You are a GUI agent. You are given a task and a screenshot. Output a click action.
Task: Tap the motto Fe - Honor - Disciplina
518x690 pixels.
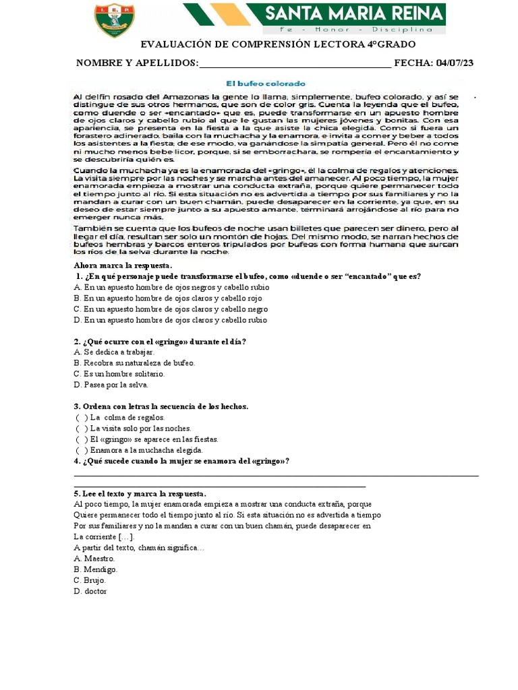[x=356, y=30]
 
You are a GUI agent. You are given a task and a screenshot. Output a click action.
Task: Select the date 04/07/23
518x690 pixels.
[x=455, y=63]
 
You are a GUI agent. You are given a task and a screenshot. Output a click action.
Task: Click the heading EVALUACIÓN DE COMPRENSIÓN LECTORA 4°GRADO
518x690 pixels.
[x=277, y=44]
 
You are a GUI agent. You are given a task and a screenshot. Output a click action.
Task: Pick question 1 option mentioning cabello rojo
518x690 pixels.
[x=167, y=298]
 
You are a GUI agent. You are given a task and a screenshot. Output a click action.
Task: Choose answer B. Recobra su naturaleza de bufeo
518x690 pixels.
[x=134, y=363]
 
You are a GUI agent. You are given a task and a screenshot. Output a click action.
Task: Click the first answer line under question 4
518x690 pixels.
[x=276, y=475]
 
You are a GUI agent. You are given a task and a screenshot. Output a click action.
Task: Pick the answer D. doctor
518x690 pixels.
[x=90, y=592]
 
